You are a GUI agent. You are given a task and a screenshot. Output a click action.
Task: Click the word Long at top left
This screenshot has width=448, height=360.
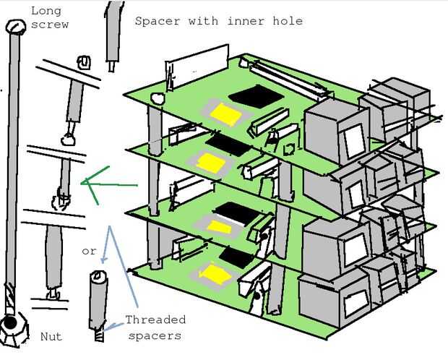tap(46, 11)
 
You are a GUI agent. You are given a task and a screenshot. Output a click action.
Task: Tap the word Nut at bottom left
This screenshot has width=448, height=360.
tap(51, 336)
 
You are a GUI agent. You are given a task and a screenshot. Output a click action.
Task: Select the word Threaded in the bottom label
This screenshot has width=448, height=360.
tap(155, 320)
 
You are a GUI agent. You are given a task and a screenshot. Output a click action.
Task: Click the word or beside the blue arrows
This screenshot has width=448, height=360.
tap(89, 252)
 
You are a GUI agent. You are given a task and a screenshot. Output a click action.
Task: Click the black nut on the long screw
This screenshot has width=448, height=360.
tap(11, 325)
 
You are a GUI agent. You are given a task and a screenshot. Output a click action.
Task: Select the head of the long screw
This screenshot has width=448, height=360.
tap(14, 27)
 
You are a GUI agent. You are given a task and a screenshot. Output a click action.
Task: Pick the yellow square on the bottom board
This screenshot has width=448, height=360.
tap(215, 273)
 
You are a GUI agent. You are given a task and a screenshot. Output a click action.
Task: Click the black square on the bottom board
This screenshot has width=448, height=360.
tap(236, 255)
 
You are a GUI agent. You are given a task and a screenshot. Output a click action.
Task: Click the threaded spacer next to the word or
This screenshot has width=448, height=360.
tap(98, 304)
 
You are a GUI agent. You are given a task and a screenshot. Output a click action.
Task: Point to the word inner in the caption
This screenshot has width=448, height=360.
tap(244, 21)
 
